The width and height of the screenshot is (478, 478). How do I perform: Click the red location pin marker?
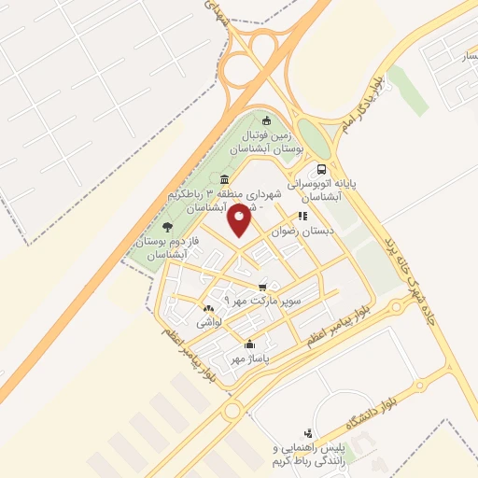pyautogui.click(x=239, y=220)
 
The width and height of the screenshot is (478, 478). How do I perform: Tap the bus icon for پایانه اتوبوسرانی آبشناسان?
pyautogui.click(x=321, y=170)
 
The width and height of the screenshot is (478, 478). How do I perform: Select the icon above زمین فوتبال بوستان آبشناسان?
pyautogui.click(x=267, y=119)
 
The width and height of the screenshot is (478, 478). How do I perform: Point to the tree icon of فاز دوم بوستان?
pyautogui.click(x=167, y=226)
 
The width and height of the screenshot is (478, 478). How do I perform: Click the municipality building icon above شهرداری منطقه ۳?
pyautogui.click(x=223, y=179)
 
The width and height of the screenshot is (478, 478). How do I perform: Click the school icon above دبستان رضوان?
pyautogui.click(x=302, y=216)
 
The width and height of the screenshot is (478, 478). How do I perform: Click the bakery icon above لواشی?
pyautogui.click(x=207, y=307)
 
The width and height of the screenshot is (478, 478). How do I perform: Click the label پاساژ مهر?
pyautogui.click(x=250, y=358)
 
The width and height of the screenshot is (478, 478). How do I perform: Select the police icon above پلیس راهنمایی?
pyautogui.click(x=308, y=433)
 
